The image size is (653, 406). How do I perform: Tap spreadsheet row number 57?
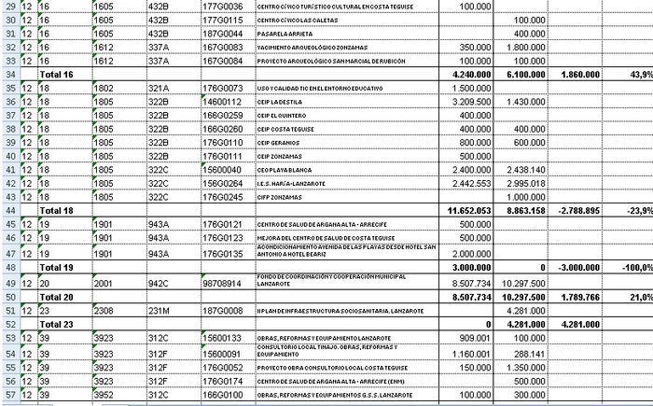click(8, 396)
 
